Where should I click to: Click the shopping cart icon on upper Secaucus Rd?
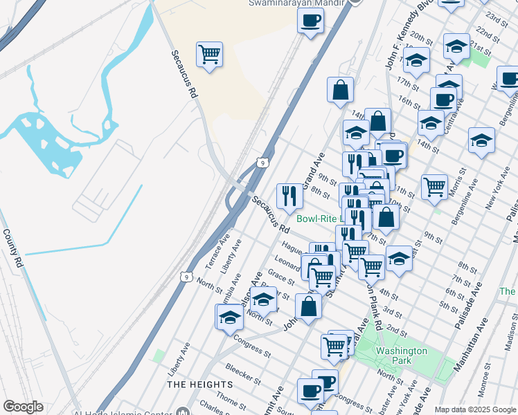tap(209, 54)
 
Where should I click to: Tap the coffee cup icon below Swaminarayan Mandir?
tap(311, 19)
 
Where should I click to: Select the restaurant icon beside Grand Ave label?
tap(289, 196)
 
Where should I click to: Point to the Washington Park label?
tap(402, 356)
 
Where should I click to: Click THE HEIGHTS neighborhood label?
tap(200, 384)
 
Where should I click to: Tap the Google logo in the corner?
tap(23, 407)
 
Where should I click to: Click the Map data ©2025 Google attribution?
tap(474, 409)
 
